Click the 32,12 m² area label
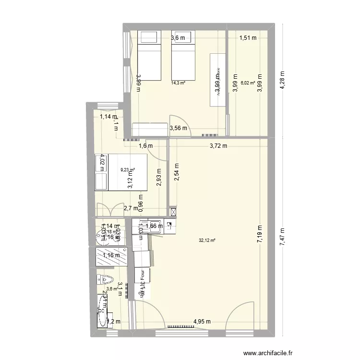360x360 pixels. pos(208,240)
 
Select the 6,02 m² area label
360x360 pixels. pos(247,83)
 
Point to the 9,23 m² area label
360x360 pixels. pos(128,169)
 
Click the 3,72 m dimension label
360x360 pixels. pos(219,146)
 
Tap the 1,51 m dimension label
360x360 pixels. pos(248,38)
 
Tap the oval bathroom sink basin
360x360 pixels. pos(102,307)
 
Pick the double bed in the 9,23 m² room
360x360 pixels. pos(121,172)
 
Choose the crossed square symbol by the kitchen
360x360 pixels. pos(173,212)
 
